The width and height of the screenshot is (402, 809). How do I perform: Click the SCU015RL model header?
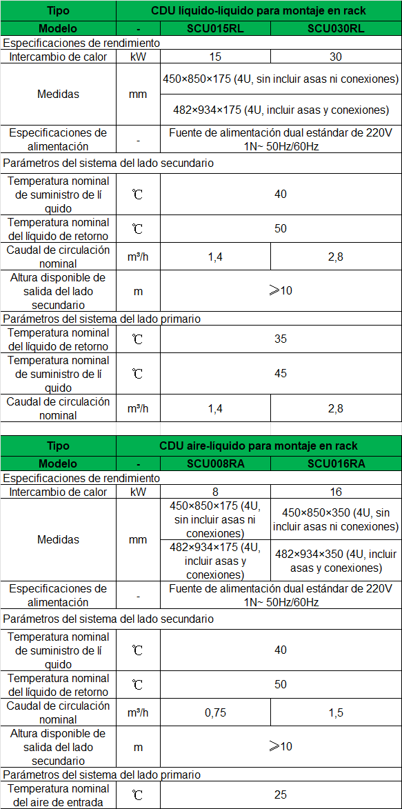click(x=214, y=29)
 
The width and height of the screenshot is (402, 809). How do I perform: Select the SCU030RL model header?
click(x=335, y=29)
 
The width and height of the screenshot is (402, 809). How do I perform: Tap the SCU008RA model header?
click(x=214, y=463)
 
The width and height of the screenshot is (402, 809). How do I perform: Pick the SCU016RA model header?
click(x=335, y=463)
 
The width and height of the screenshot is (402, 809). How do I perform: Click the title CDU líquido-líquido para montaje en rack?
click(x=259, y=11)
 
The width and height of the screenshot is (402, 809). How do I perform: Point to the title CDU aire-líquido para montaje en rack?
click(x=259, y=446)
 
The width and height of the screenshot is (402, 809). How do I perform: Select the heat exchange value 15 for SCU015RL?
click(x=215, y=57)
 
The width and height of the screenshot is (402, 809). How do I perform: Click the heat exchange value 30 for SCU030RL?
click(x=336, y=57)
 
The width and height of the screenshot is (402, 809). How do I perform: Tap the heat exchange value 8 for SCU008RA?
click(x=215, y=492)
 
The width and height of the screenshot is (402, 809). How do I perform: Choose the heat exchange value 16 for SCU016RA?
click(x=336, y=492)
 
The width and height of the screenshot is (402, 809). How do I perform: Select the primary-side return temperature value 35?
click(x=281, y=339)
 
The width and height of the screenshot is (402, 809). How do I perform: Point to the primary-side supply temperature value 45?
click(x=281, y=374)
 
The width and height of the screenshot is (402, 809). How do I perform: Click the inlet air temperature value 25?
click(x=281, y=795)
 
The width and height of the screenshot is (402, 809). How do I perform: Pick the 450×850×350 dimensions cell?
click(x=336, y=519)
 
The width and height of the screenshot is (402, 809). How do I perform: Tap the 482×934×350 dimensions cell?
click(x=336, y=561)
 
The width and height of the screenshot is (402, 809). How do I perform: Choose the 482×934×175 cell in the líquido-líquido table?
click(x=281, y=110)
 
